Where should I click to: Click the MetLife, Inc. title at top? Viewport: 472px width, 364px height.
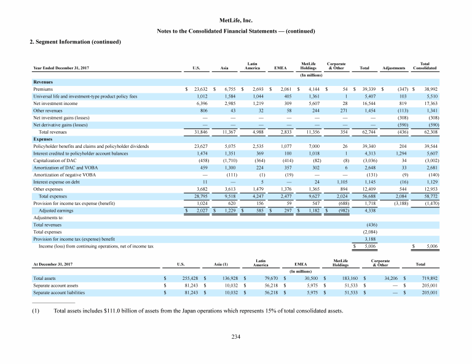pyautogui.click(x=236, y=20)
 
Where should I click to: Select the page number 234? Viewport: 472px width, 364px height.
pyautogui.click(x=236, y=336)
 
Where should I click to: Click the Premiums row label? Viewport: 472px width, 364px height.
pyautogui.click(x=42, y=90)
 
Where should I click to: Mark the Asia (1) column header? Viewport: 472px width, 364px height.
pyautogui.click(x=221, y=264)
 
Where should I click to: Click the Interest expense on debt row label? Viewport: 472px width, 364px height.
pyautogui.click(x=56, y=182)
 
